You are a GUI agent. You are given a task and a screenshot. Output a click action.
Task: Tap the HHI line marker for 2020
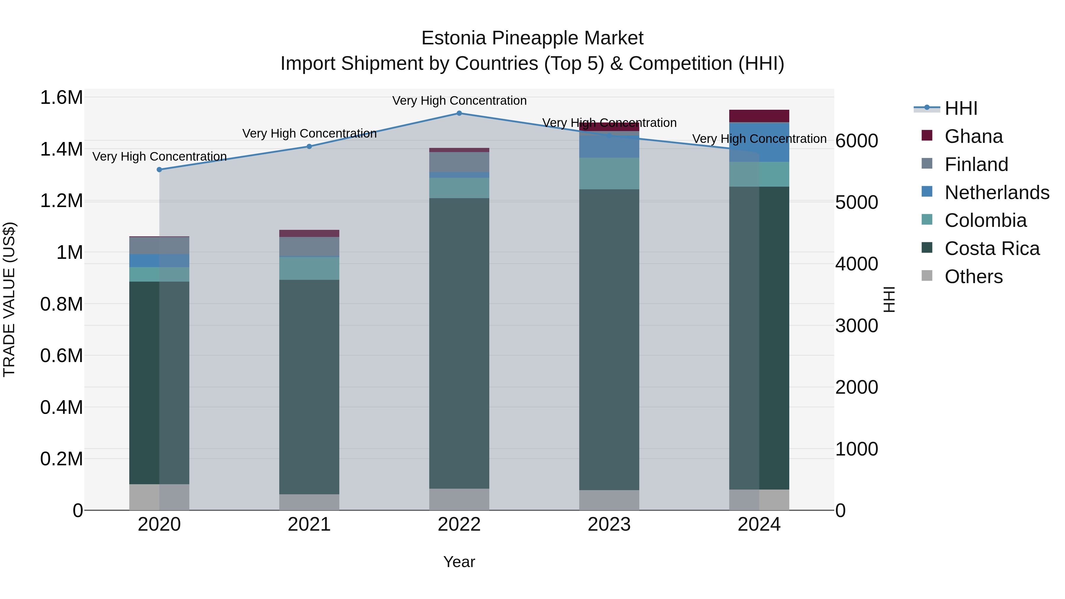159,169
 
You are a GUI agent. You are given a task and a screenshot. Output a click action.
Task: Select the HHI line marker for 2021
309,146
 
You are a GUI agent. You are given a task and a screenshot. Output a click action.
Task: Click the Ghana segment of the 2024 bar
759,116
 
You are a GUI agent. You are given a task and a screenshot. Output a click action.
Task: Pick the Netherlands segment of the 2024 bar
759,142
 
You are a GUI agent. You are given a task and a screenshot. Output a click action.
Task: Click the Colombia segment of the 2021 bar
309,269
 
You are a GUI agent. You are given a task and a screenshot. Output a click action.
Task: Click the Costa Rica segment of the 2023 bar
609,339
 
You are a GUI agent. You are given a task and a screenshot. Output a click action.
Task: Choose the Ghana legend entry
973,136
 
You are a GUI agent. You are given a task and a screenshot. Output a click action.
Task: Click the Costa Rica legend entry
991,248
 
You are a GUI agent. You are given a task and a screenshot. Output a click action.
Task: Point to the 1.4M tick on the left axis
61,149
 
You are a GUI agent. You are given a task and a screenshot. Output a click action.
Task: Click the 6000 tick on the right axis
856,141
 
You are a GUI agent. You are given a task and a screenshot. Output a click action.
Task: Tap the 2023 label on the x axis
609,524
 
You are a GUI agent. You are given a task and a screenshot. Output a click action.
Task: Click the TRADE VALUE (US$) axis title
9,299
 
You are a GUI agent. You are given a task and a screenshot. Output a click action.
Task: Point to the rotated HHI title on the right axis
889,299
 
